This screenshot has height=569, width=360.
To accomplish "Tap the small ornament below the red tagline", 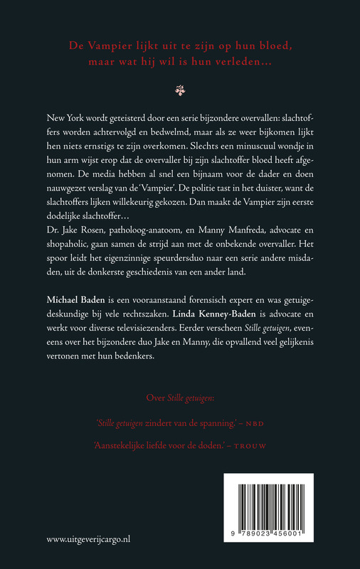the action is tap(179, 90).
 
